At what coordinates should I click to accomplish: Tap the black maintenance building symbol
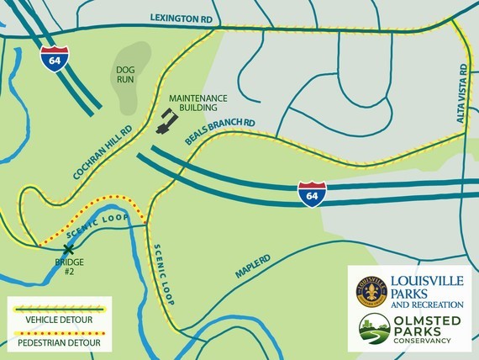pyautogui.click(x=166, y=122)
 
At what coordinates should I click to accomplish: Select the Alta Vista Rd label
pyautogui.click(x=461, y=93)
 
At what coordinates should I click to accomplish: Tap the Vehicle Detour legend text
pyautogui.click(x=58, y=320)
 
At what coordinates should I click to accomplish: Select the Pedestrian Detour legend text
pyautogui.click(x=58, y=342)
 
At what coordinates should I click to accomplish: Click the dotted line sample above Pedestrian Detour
pyautogui.click(x=58, y=331)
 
